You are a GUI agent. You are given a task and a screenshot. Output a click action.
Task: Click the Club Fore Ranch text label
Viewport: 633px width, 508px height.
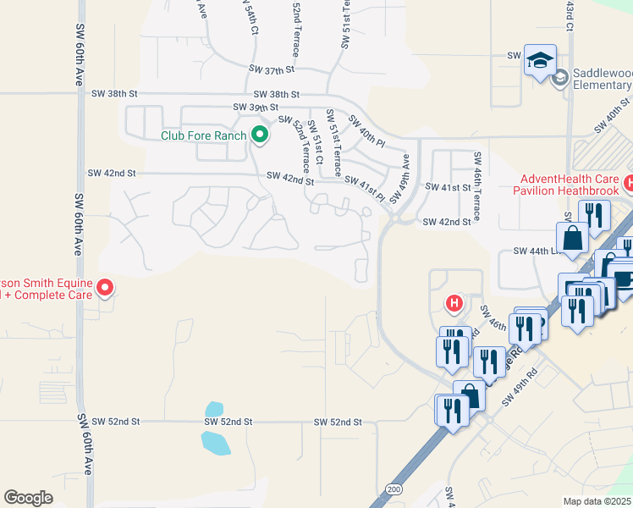point(204,135)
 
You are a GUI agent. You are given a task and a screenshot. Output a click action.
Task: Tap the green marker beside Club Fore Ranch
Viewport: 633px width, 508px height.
point(260,134)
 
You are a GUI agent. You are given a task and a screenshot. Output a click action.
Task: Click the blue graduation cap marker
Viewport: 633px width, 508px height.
point(540,60)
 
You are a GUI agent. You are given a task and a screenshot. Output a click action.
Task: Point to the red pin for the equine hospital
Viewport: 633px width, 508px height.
point(106,288)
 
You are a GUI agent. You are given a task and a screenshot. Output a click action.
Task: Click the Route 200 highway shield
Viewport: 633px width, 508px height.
point(394,489)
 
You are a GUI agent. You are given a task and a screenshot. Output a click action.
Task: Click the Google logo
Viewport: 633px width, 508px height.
point(29,498)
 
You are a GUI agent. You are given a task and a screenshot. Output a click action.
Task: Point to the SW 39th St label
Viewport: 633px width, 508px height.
point(256,108)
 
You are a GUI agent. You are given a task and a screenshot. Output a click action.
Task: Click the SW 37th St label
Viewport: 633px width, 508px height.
point(271,69)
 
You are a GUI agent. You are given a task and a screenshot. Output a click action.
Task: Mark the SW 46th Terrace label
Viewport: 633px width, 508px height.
point(477,187)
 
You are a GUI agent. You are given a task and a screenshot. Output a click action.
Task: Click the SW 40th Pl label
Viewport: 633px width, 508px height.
point(366,128)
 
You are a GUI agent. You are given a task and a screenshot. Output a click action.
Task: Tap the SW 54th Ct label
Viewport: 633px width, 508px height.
point(250,17)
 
